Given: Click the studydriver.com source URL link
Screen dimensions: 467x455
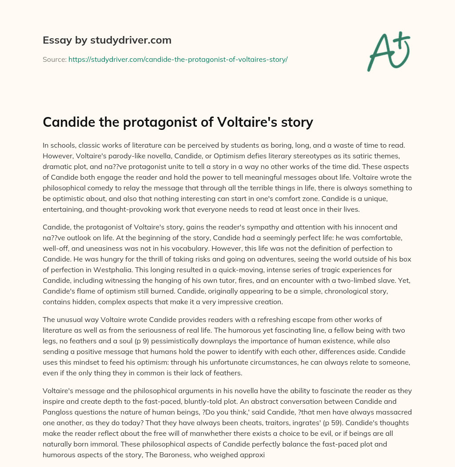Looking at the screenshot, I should [x=178, y=59].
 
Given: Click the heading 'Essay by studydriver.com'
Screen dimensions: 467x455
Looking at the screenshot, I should [x=107, y=40].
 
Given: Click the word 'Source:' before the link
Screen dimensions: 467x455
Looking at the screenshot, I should [x=54, y=59].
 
